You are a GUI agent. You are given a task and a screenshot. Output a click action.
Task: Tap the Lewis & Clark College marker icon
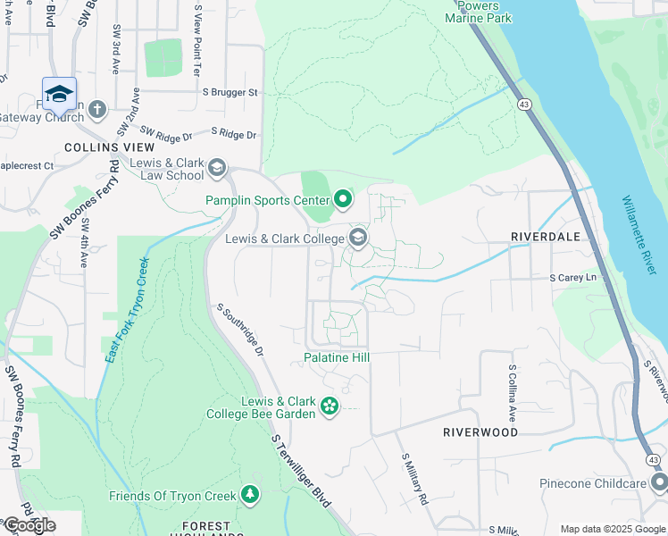358,238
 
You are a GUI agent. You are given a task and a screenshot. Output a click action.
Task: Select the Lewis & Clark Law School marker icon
216,168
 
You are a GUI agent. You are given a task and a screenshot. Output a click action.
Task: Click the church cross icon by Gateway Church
96,110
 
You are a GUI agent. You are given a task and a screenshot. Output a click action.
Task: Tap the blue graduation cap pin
59,95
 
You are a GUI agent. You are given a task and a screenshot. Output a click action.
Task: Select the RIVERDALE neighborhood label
546,237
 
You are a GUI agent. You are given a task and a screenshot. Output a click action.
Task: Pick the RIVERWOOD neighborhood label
480,431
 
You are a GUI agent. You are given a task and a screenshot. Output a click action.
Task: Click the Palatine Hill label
337,357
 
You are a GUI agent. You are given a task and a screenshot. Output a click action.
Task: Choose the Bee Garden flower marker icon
330,406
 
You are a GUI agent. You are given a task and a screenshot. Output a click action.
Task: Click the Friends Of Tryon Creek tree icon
250,495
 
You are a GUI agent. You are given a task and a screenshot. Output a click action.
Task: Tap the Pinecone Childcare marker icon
659,483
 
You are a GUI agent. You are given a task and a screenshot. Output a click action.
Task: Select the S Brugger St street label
229,92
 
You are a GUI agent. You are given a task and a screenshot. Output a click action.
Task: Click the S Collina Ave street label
513,393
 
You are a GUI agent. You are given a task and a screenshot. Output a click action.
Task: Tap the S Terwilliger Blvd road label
304,470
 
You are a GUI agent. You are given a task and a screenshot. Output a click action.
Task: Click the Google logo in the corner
29,525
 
